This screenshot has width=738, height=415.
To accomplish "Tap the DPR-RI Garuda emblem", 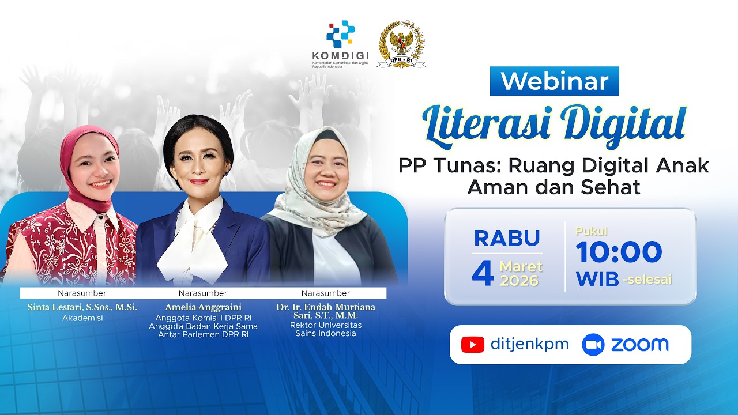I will coord(401,44).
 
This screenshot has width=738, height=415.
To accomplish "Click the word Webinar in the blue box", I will coord(554,81).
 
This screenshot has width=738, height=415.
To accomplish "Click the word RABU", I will coord(507,238).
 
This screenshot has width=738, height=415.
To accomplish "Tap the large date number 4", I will coord(483,273).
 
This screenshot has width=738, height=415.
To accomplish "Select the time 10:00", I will coord(619,252).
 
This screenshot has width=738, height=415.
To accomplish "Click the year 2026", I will coord(519,281).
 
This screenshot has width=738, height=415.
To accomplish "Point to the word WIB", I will coord(597,279).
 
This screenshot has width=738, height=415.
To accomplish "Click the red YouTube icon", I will coord(473,345).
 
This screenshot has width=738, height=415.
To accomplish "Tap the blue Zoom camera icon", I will coord(593,345).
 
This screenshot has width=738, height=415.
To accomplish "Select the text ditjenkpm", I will coord(529,345).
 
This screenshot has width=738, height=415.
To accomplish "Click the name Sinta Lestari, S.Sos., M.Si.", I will coord(82,307).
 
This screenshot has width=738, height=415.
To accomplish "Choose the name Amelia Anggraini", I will coord(203,307).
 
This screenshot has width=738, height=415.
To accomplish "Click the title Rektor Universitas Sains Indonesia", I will coord(326,329).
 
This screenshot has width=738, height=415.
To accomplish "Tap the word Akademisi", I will coord(82,318).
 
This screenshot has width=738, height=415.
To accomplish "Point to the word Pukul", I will coord(591,232).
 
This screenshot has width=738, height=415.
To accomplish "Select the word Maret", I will coord(521,267).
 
